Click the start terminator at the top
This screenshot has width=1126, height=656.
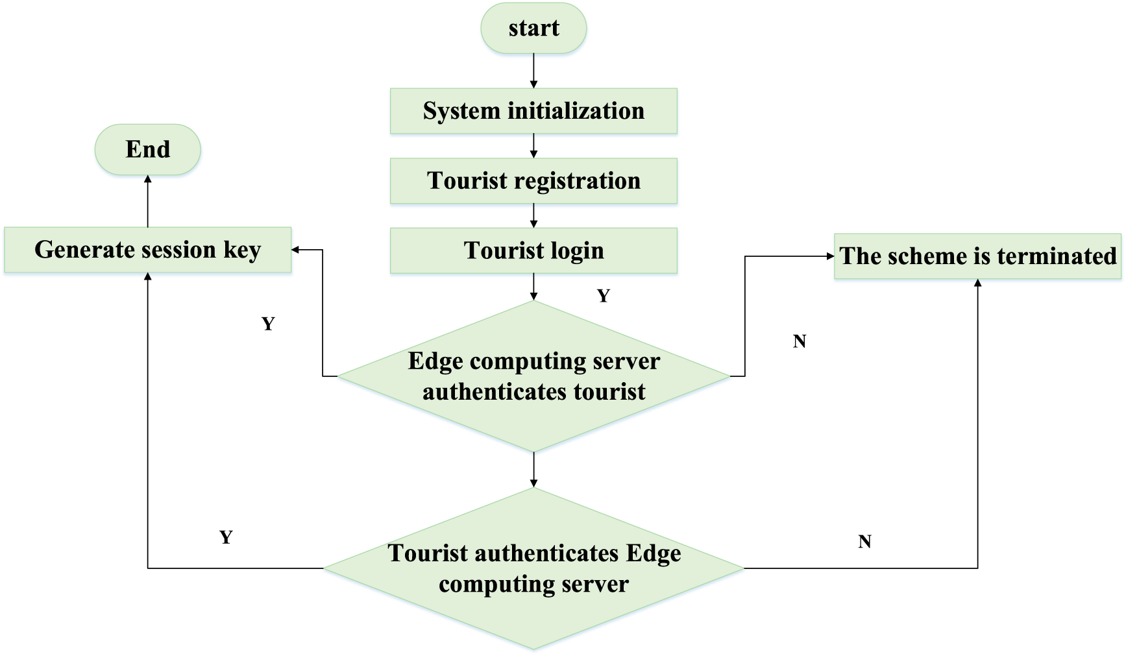pyautogui.click(x=533, y=29)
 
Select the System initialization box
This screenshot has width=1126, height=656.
pyautogui.click(x=533, y=111)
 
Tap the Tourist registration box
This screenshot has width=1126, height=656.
pyautogui.click(x=533, y=180)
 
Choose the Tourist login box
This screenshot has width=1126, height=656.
pyautogui.click(x=533, y=250)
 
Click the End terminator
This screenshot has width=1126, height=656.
pyautogui.click(x=148, y=150)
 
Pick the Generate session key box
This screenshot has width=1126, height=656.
pyautogui.click(x=148, y=250)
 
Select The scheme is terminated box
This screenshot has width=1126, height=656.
pyautogui.click(x=977, y=256)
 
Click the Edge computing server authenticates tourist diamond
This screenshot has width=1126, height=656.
pyautogui.click(x=533, y=376)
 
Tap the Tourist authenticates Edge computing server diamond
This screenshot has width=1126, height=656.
pyautogui.click(x=533, y=568)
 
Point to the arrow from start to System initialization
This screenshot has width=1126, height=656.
pyautogui.click(x=533, y=71)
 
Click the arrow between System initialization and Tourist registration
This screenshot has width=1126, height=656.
pyautogui.click(x=533, y=146)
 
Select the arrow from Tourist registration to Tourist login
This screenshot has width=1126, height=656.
pyautogui.click(x=533, y=215)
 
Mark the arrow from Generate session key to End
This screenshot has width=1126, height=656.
pyautogui.click(x=148, y=201)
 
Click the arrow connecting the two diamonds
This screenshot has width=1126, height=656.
pyautogui.click(x=533, y=470)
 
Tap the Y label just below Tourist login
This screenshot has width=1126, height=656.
pyautogui.click(x=604, y=296)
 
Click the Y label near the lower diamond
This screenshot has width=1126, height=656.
pyautogui.click(x=226, y=537)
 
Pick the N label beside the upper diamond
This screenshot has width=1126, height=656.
pyautogui.click(x=800, y=341)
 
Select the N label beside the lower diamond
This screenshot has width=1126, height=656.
pyautogui.click(x=864, y=542)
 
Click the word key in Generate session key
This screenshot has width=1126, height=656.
pyautogui.click(x=242, y=250)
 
